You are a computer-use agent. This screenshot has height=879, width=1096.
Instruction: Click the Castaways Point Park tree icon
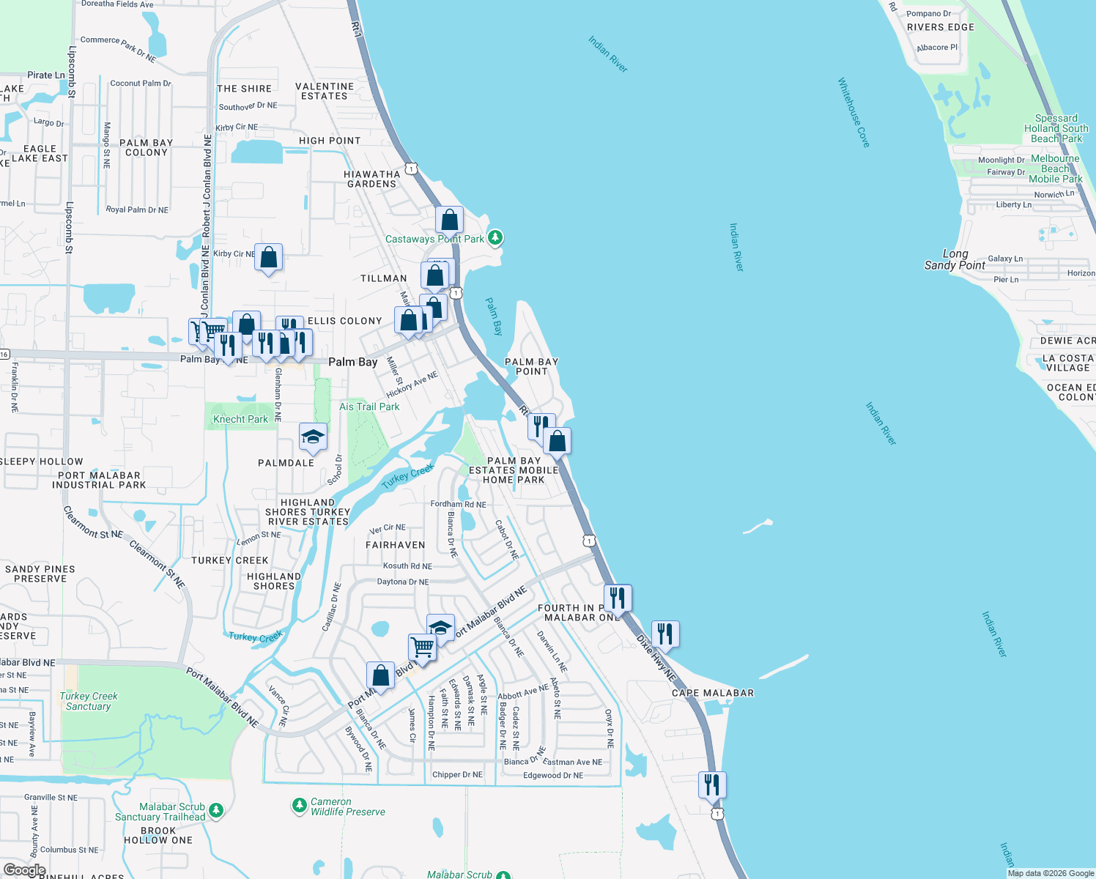coord(495,237)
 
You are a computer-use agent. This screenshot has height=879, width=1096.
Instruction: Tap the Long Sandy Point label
coord(955,259)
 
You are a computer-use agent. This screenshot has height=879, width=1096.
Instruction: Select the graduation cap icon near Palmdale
coord(313,437)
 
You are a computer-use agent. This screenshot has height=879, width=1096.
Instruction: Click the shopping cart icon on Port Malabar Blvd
coord(422,648)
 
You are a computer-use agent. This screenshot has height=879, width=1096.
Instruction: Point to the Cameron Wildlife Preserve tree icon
coord(299,806)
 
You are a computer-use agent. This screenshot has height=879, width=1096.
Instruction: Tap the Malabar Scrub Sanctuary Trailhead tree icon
coord(215,810)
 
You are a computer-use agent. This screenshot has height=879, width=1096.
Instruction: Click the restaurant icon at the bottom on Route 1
coord(712,785)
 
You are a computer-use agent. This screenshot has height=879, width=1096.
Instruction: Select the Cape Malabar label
coord(712,693)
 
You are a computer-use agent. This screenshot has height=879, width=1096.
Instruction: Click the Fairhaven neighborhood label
coord(395,545)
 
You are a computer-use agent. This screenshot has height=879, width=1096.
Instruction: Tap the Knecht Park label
coord(240,419)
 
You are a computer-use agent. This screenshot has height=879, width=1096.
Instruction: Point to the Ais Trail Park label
coord(369,407)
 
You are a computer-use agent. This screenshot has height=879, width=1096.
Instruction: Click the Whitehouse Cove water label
coord(854,113)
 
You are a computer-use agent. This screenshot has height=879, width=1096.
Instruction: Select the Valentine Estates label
coord(325,92)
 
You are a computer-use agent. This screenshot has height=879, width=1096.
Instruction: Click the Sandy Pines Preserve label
coord(40,574)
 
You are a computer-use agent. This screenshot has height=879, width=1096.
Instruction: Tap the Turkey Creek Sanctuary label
coord(89,701)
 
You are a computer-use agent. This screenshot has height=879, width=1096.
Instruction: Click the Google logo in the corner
coord(24,870)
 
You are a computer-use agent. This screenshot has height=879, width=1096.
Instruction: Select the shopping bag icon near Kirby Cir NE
coord(269,257)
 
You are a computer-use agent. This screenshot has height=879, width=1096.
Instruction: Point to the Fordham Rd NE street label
coord(458,504)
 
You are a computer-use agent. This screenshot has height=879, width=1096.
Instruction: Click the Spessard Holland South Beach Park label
coord(1056,128)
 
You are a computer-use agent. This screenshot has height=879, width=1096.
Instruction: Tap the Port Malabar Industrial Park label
coord(99,480)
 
